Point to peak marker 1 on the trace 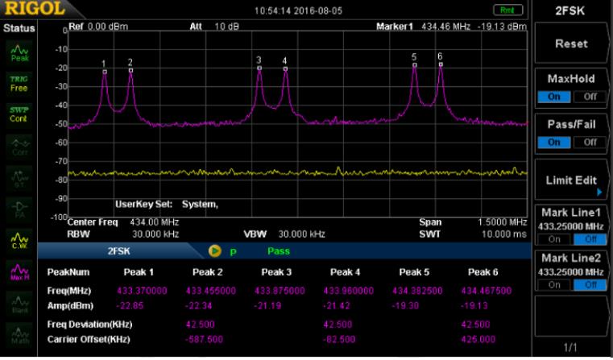104,71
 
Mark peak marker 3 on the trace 259,68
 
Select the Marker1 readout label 395,27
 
